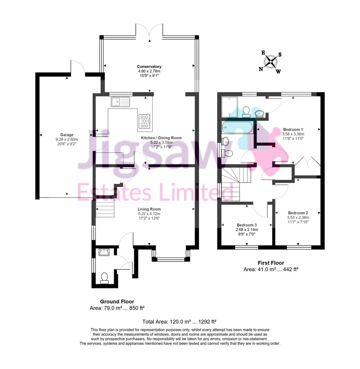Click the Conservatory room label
[x=149, y=67]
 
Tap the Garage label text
[x=67, y=135]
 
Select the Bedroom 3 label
[x=247, y=225]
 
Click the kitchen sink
[x=120, y=102]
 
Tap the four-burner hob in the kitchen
[x=144, y=122]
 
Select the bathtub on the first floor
[x=238, y=127]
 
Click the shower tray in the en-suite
[x=229, y=107]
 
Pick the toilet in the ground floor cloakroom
[x=104, y=278]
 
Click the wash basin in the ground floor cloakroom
[x=104, y=252]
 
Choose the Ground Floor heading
[x=117, y=301]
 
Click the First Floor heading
[x=271, y=263]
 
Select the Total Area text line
[x=179, y=322]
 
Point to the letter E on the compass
[x=264, y=53]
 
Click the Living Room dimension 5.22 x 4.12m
[x=149, y=214]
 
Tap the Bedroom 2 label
[x=298, y=213]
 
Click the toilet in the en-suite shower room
[x=246, y=112]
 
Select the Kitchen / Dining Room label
[x=161, y=138]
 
